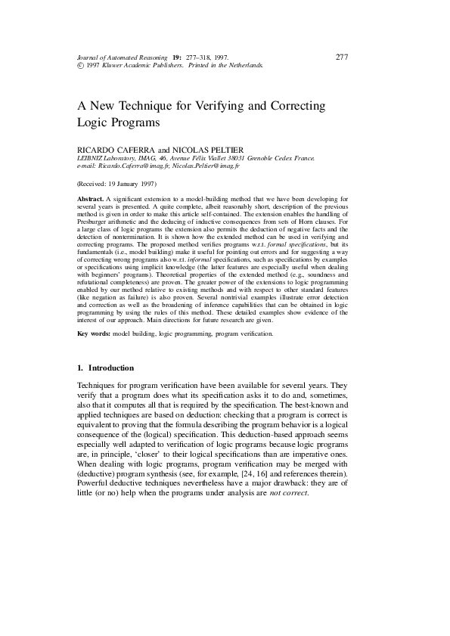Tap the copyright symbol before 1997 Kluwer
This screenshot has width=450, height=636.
[80, 66]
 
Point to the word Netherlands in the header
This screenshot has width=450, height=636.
[244, 66]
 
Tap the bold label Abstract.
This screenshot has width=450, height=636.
[91, 197]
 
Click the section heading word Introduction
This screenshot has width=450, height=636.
[112, 368]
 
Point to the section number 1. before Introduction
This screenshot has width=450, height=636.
[81, 368]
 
